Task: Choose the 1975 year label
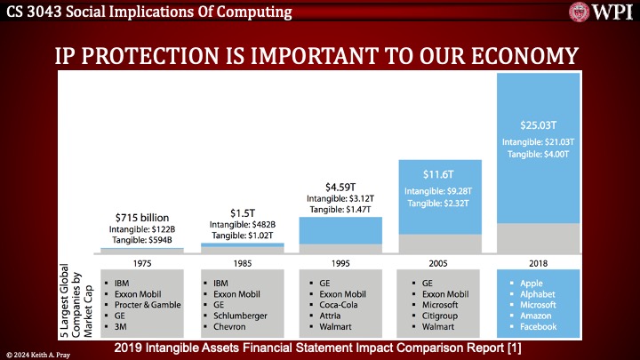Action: coord(142,264)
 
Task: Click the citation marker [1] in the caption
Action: coord(512,345)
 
